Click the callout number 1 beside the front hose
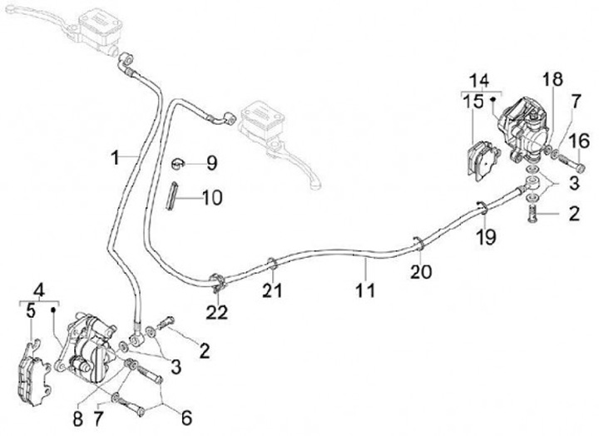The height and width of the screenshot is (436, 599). point(116,157)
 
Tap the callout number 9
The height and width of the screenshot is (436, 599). point(211,163)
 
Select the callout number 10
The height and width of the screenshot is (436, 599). point(212,198)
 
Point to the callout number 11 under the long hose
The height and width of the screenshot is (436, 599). point(365,290)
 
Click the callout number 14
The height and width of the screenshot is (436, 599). point(479,81)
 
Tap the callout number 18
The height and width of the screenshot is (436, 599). point(552,79)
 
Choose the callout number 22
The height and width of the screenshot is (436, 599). point(217,313)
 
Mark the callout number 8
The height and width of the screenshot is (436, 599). point(78,419)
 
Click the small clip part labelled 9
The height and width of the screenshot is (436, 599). point(178,164)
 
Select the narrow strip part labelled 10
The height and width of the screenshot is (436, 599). point(171,195)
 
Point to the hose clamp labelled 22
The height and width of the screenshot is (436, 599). point(218,282)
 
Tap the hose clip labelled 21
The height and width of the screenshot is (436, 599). point(273,263)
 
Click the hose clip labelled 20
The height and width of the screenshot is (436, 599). point(418,244)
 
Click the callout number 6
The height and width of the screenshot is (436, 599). point(186,418)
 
